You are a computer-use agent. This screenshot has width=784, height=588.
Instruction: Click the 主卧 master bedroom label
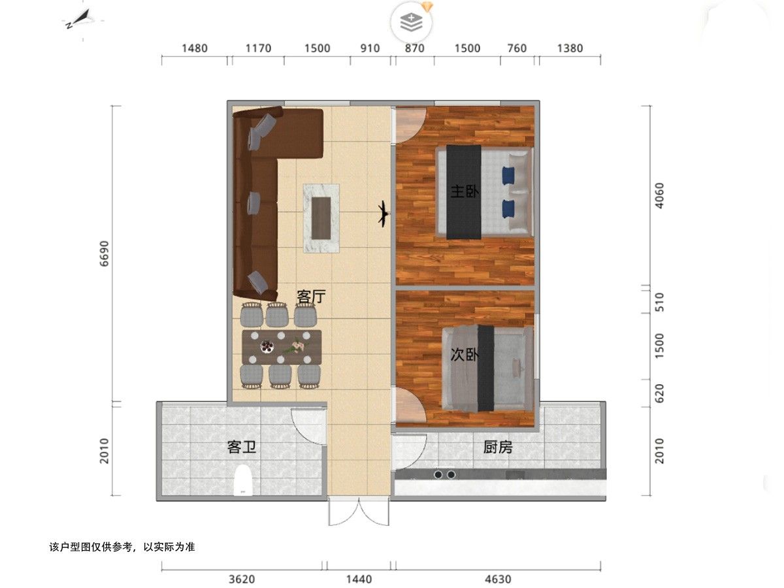[x=465, y=191]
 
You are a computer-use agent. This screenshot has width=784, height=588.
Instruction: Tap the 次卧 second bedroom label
[x=465, y=355]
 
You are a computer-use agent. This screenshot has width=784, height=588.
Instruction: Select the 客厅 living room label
[x=312, y=297]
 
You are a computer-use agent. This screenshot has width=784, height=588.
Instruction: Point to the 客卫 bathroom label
[x=242, y=447]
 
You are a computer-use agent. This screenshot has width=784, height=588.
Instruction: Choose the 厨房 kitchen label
[x=498, y=447]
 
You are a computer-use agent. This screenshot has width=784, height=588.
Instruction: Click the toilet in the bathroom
[x=243, y=480]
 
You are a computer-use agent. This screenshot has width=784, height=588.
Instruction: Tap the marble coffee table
[x=321, y=218]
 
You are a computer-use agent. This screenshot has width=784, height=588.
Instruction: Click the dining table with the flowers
[x=282, y=347]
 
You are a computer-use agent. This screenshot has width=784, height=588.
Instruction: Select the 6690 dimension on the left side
[x=104, y=253]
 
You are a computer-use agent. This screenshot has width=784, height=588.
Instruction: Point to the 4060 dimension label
[x=659, y=195]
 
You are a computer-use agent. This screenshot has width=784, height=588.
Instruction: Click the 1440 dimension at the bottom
[x=359, y=579]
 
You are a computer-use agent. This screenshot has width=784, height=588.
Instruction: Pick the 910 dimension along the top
[x=370, y=48]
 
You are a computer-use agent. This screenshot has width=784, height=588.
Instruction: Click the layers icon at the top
[x=411, y=22]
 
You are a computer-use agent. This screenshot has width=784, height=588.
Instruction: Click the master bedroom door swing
[x=411, y=125]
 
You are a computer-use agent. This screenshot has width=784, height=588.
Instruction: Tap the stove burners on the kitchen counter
[x=445, y=474]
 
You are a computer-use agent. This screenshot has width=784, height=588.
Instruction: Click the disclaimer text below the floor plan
[x=122, y=547]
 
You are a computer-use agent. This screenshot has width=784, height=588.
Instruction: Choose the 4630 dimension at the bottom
[x=498, y=579]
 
